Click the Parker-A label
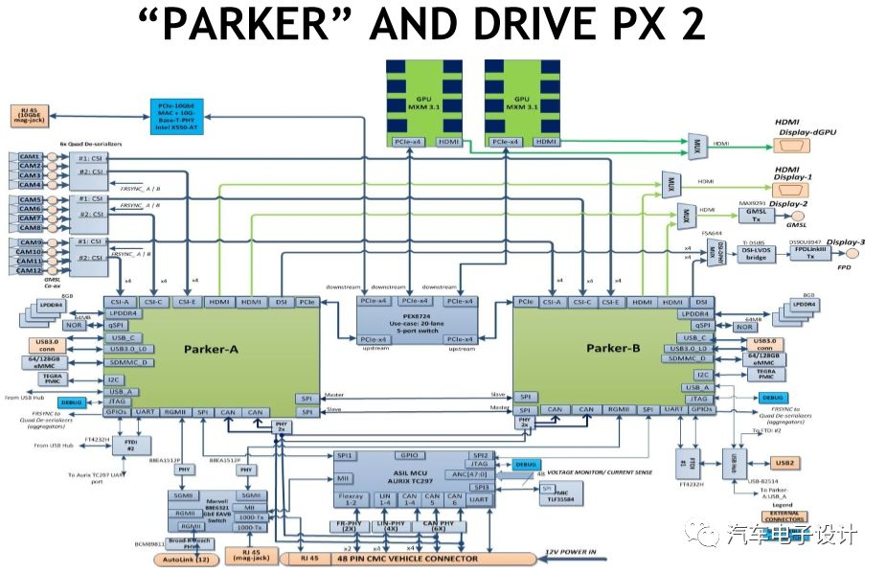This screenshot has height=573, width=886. point(212,349)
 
